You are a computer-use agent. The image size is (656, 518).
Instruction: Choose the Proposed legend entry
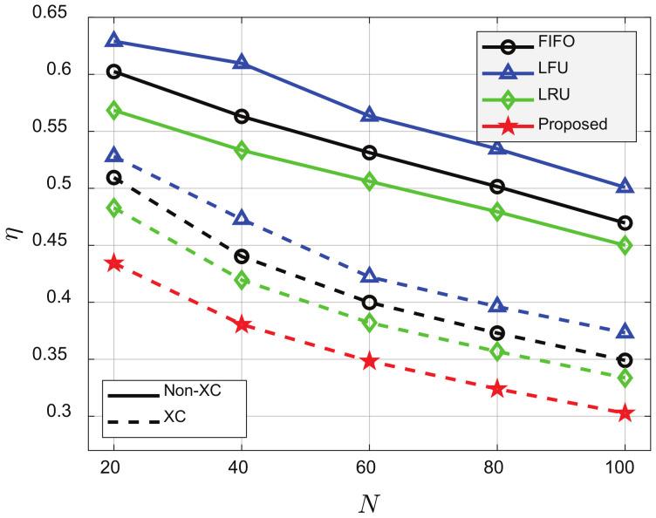tap(555, 125)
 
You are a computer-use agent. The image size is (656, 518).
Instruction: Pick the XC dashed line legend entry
tap(173, 417)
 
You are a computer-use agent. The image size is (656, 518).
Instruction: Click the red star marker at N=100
tap(625, 412)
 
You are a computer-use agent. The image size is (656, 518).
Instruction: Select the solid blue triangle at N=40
tap(242, 62)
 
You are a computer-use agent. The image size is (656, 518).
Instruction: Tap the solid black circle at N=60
tap(369, 153)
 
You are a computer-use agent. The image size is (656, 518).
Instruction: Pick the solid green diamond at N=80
tap(497, 212)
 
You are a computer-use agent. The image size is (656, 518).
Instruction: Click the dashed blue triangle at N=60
tap(369, 276)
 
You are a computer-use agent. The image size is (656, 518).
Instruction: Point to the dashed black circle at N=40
tap(242, 256)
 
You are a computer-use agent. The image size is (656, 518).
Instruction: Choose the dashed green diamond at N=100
tap(625, 378)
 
